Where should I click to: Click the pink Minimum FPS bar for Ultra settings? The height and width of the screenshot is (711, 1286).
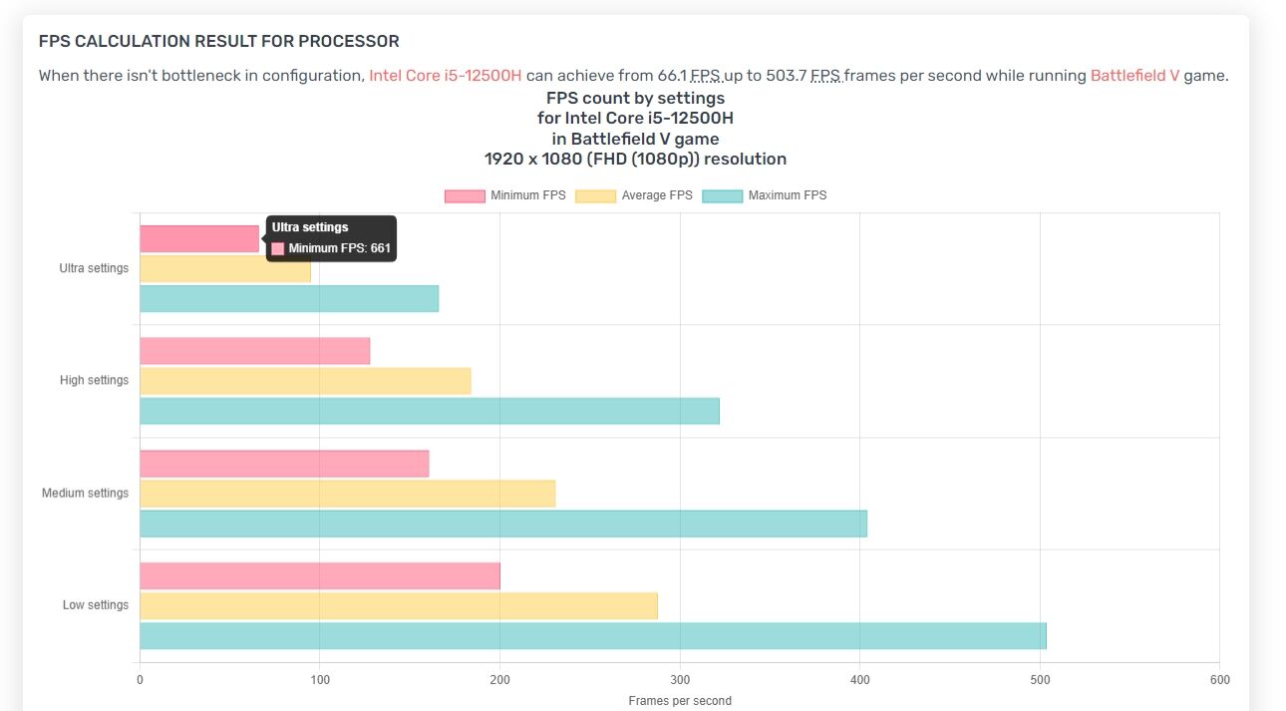point(199,238)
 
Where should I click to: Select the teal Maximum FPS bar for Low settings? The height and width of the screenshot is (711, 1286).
point(593,636)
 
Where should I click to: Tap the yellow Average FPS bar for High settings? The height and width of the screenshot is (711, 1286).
point(305,381)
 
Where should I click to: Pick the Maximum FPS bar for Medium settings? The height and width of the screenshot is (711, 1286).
point(503,524)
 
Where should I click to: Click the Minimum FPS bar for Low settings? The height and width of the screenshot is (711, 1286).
point(320,576)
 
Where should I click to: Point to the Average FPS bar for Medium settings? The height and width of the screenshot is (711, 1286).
point(347,494)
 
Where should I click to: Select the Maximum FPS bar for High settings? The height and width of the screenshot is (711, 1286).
point(430,411)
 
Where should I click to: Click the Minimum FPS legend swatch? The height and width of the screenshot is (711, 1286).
point(464,195)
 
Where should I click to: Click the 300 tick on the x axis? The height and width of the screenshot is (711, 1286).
point(680,680)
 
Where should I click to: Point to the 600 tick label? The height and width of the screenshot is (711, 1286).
point(1219,680)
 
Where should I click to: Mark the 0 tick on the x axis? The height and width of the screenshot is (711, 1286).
point(140,680)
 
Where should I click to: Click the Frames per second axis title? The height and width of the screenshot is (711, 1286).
point(680,701)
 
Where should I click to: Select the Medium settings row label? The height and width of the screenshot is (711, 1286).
point(85,493)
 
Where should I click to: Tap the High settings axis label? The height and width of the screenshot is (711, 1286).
point(94,380)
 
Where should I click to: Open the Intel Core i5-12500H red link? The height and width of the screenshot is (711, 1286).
point(446,76)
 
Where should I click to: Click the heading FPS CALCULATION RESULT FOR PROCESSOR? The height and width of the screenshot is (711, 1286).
point(218,41)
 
